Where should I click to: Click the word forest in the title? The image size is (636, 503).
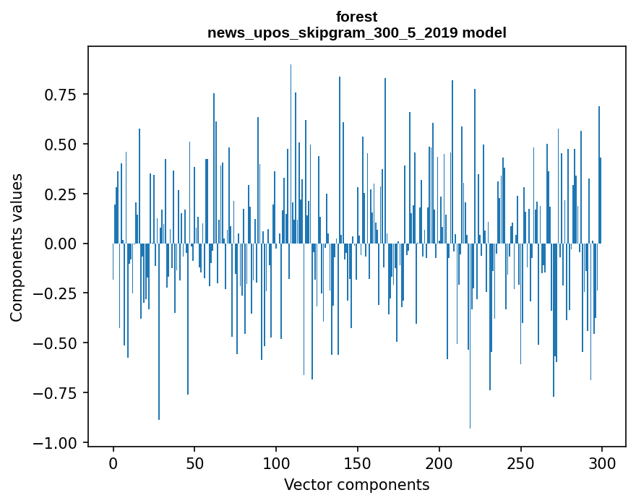(x=356, y=17)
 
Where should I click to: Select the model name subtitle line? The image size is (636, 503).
(x=356, y=33)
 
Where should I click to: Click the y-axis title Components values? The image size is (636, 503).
(x=17, y=247)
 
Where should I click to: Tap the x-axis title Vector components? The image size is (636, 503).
(x=356, y=484)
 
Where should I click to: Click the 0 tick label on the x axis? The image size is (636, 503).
(x=113, y=463)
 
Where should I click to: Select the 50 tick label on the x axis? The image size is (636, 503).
(x=194, y=463)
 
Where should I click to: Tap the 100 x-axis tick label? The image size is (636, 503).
(x=276, y=463)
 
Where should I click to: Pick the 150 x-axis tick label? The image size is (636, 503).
(x=358, y=463)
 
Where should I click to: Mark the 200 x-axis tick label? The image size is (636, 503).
(x=439, y=463)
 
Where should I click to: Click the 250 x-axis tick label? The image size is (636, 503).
(x=520, y=463)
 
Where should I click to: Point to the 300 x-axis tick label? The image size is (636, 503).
(x=602, y=463)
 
